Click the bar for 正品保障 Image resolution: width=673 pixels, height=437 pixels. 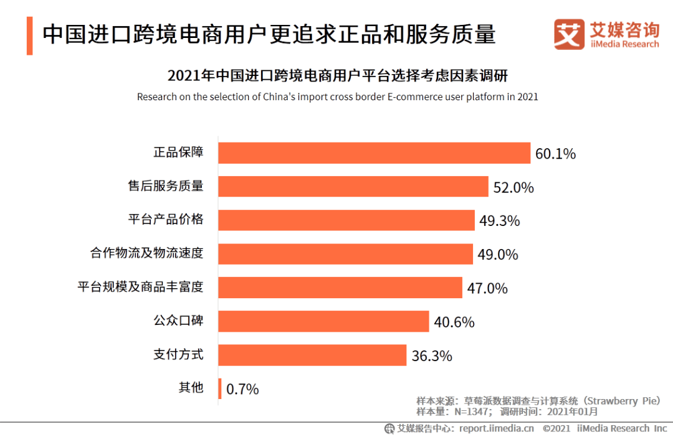tap(374, 153)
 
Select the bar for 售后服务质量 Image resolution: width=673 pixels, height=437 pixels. tap(353, 187)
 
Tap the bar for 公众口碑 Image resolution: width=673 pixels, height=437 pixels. tap(323, 321)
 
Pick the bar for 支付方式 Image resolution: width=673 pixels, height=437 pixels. tap(312, 355)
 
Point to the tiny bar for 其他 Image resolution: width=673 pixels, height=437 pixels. tap(219, 388)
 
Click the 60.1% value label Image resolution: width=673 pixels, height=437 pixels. tap(555, 154)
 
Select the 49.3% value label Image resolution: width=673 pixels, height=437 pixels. tap(499, 221)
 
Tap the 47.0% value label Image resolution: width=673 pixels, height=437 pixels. tap(487, 288)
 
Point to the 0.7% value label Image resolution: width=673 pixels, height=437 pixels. tap(242, 390)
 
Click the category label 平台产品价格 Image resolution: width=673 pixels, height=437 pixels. tap(166, 220)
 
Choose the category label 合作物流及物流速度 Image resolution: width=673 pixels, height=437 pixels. tap(147, 253)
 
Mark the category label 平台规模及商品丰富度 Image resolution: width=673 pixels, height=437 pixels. tap(140, 287)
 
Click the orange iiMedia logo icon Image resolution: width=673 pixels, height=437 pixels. tap(569, 34)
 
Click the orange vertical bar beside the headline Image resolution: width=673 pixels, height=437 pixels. tap(29, 35)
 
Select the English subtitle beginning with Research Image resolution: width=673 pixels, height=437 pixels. tap(337, 97)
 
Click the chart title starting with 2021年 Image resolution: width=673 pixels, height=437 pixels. tap(337, 77)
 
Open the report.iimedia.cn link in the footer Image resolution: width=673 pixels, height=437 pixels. tap(497, 428)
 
